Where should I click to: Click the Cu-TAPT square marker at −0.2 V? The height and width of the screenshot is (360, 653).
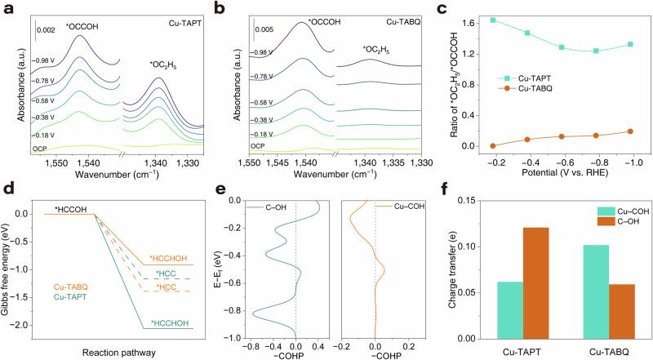(470, 20)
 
